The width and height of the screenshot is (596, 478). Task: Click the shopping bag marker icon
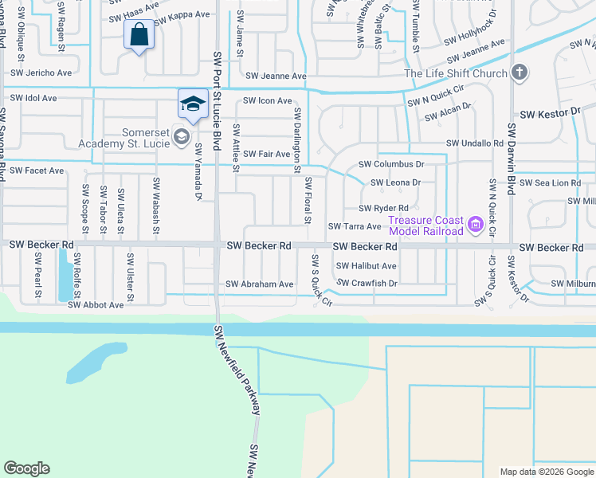tap(139, 35)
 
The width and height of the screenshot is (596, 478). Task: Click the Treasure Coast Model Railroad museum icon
tap(476, 225)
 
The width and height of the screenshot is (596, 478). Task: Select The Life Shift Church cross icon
tap(519, 74)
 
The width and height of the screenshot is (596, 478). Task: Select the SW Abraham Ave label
tap(260, 284)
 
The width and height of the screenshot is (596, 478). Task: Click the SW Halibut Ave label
tap(366, 266)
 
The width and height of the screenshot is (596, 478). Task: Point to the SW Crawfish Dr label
tap(367, 283)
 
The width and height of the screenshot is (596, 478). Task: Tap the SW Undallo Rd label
tap(475, 143)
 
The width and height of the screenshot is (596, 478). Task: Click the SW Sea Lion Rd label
tap(551, 183)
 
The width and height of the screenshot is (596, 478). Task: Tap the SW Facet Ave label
tap(36, 170)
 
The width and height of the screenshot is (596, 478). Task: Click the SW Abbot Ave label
tap(96, 304)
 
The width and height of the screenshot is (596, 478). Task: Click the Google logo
tap(26, 468)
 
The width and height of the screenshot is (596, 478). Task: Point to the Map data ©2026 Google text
tap(546, 472)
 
